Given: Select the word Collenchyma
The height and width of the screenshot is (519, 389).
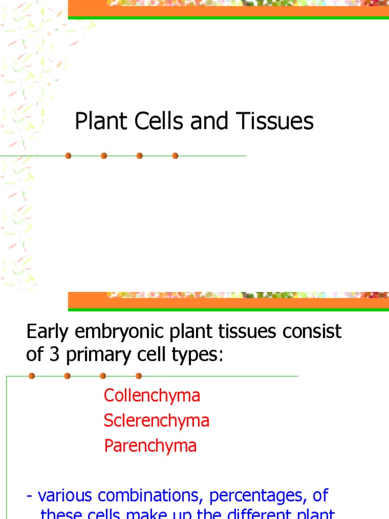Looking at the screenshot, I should (x=152, y=395).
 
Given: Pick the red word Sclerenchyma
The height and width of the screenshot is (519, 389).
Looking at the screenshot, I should (x=157, y=421).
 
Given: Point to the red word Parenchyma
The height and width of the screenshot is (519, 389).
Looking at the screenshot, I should (x=150, y=446).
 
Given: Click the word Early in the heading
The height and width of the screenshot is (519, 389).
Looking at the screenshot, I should (x=47, y=332).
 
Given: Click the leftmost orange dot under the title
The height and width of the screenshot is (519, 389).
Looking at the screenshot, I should (x=68, y=156).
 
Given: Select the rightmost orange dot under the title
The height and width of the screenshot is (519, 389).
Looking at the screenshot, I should (x=175, y=156).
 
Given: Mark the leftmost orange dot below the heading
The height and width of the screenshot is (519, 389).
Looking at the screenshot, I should (x=32, y=376).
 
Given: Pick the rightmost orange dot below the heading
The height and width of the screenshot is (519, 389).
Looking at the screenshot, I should (x=139, y=376).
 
